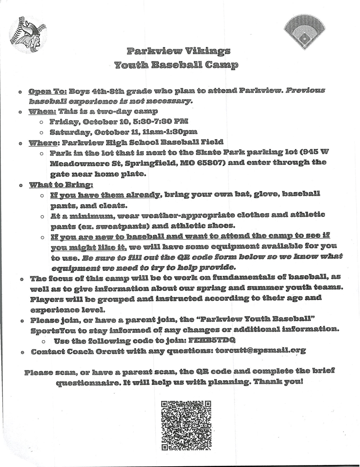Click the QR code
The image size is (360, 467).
(x=186, y=425)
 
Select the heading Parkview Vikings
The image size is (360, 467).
(x=178, y=51)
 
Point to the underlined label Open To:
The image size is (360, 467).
(x=48, y=91)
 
